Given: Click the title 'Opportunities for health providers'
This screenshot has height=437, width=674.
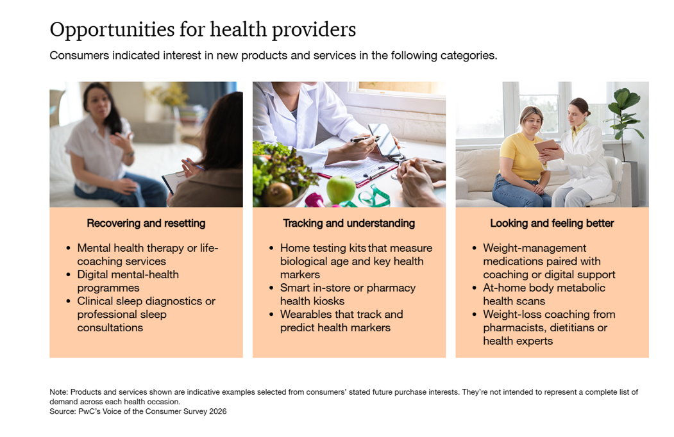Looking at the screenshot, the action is pyautogui.click(x=203, y=30).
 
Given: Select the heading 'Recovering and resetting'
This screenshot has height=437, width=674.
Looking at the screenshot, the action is pyautogui.click(x=146, y=224).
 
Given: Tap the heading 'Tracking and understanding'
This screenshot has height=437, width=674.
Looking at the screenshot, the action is pyautogui.click(x=349, y=224).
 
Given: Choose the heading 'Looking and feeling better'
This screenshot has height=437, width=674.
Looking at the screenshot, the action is pyautogui.click(x=552, y=224).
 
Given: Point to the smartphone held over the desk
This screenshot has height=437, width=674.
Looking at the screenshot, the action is pyautogui.click(x=385, y=140).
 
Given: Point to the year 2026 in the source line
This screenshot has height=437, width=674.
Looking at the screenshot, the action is pyautogui.click(x=218, y=411).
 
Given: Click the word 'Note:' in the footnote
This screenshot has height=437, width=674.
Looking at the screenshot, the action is pyautogui.click(x=59, y=392).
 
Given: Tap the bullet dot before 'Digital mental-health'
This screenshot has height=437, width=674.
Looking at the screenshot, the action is pyautogui.click(x=69, y=275).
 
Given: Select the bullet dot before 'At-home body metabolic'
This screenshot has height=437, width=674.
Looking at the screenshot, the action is pyautogui.click(x=474, y=288).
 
